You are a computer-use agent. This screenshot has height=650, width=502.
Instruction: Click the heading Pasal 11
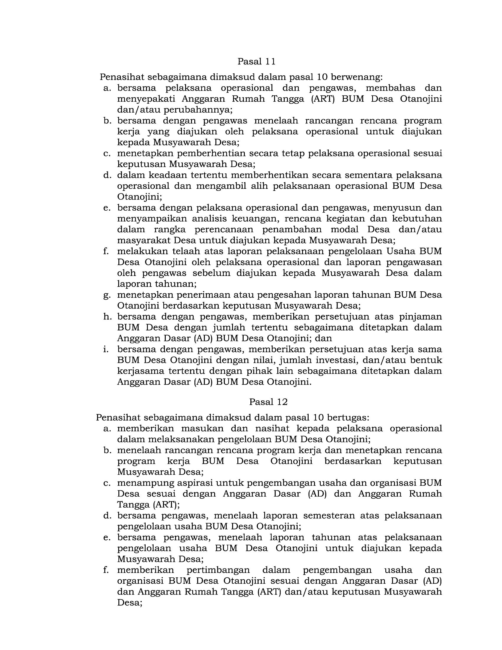(x=256, y=62)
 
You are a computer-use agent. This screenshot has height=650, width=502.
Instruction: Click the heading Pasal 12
(x=268, y=402)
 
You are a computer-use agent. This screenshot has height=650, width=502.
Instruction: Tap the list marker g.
(x=107, y=295)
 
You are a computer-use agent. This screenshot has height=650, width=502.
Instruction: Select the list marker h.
(x=107, y=317)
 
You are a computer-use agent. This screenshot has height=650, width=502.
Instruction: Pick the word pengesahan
(x=285, y=295)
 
